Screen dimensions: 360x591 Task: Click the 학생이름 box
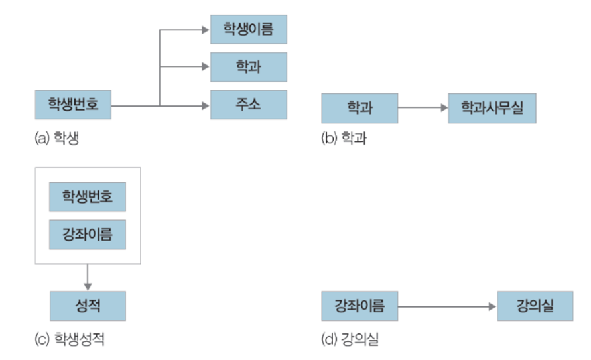(249, 30)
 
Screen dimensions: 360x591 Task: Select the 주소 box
(249, 105)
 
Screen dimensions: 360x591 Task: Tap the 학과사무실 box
(492, 108)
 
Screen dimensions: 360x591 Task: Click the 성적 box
(88, 306)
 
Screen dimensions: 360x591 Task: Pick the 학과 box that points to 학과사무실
(360, 108)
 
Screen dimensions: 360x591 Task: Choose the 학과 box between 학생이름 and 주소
(249, 67)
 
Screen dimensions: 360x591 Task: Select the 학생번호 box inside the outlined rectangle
(88, 197)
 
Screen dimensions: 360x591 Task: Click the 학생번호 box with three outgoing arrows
(73, 105)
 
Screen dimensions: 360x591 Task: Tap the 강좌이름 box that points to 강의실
(360, 306)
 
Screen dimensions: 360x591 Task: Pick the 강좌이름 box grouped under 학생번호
(88, 234)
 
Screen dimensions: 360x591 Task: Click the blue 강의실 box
(535, 306)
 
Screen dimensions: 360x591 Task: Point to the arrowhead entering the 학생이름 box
(206, 30)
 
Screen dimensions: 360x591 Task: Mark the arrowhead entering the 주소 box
(206, 105)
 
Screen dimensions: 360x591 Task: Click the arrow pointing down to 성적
(88, 277)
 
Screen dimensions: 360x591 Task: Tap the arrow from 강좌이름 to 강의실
(447, 306)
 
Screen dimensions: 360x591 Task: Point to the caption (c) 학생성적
(69, 341)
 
